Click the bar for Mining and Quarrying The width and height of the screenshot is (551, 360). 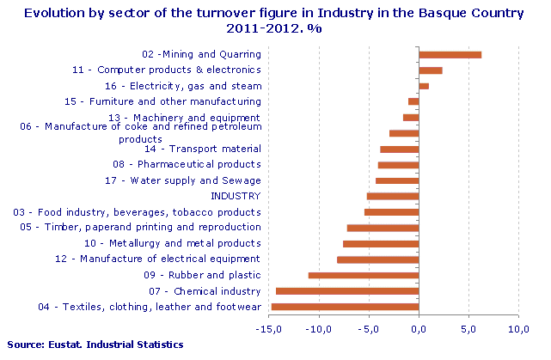(x=450, y=55)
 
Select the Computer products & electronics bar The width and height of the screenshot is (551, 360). (x=430, y=70)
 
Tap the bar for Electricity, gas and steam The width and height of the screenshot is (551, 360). (x=423, y=86)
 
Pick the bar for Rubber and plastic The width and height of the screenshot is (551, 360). (x=363, y=275)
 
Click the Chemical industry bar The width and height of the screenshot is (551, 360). (x=346, y=290)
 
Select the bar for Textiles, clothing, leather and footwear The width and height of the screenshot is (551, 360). (x=344, y=306)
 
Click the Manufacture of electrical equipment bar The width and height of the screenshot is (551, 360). (x=377, y=259)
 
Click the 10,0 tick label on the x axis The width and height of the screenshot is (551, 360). (x=518, y=329)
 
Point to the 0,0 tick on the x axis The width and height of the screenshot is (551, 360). (x=419, y=329)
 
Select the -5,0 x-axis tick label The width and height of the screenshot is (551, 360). (x=369, y=329)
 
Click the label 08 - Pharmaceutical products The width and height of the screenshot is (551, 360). (x=187, y=164)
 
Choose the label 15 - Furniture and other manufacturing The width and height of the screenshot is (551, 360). (x=162, y=101)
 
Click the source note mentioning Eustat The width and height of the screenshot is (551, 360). (x=93, y=345)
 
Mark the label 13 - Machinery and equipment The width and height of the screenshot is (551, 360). (x=184, y=117)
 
